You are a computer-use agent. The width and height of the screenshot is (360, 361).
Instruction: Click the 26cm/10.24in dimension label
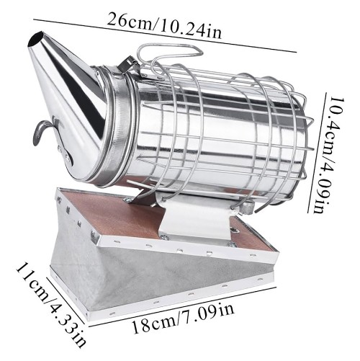(x=164, y=25)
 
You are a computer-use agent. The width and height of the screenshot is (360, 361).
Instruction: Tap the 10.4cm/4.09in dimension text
(x=327, y=155)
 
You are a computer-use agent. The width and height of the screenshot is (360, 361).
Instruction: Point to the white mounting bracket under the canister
(x=197, y=218)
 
